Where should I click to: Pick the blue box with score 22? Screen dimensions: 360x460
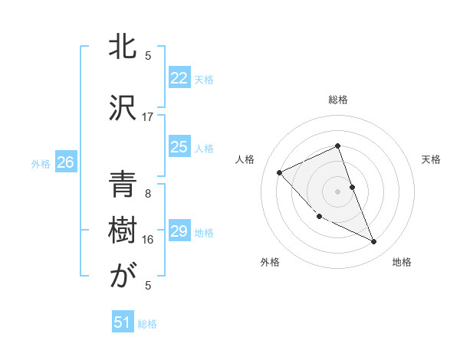coord(179,78)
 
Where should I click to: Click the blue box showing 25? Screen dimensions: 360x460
coord(179,147)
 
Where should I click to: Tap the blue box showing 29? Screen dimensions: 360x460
coord(179,231)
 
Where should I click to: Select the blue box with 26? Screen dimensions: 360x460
coord(65,162)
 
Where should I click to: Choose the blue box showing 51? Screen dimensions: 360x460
coord(123,323)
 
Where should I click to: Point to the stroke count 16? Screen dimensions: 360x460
coord(148,240)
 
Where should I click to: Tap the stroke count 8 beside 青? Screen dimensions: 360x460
coord(148,194)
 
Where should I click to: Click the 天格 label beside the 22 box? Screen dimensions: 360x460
coord(204,80)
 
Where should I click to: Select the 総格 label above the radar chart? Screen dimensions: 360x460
coord(338,100)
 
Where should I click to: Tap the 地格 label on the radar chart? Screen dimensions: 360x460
coord(402,263)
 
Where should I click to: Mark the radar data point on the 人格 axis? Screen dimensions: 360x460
coord(280,172)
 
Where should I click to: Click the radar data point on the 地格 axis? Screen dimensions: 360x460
coord(374,241)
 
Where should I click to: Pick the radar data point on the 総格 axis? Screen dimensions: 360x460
coord(337,146)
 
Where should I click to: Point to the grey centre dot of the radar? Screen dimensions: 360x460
coord(337,191)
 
